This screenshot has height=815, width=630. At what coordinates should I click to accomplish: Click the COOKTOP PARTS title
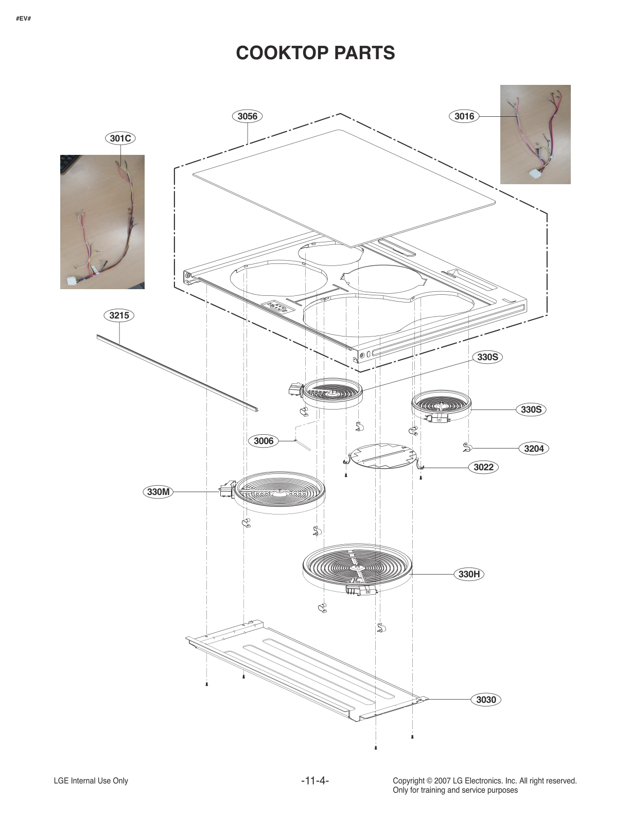pyautogui.click(x=315, y=53)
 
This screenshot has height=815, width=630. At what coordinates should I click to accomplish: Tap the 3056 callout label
pyautogui.click(x=247, y=116)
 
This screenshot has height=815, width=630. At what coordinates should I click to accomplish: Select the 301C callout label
pyautogui.click(x=121, y=138)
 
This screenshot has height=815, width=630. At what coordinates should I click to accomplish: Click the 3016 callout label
pyautogui.click(x=464, y=116)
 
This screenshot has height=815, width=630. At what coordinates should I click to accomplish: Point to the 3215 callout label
pyautogui.click(x=119, y=315)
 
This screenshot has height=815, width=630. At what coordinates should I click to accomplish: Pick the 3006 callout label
pyautogui.click(x=264, y=441)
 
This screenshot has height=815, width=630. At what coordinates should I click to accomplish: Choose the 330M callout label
pyautogui.click(x=158, y=492)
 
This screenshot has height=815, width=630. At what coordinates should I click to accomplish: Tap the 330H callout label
pyautogui.click(x=469, y=574)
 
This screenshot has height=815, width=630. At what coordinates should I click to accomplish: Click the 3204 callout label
pyautogui.click(x=534, y=449)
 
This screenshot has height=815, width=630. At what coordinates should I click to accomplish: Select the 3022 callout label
pyautogui.click(x=483, y=467)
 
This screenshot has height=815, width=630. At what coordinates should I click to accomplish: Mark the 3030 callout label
pyautogui.click(x=486, y=700)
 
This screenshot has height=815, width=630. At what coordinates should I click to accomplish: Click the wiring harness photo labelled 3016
pyautogui.click(x=535, y=134)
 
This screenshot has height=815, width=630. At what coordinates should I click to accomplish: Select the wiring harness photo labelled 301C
pyautogui.click(x=102, y=222)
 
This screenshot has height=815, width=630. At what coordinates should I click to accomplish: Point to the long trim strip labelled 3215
pyautogui.click(x=178, y=373)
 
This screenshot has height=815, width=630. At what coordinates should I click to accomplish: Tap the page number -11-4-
pyautogui.click(x=315, y=781)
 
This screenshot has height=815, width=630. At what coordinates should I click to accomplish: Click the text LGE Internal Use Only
pyautogui.click(x=91, y=781)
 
